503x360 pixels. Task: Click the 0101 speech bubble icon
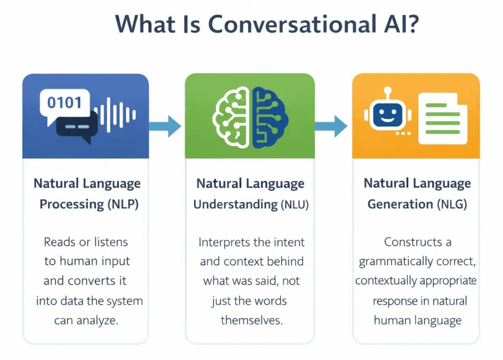[x=64, y=104]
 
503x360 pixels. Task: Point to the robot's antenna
[x=388, y=92]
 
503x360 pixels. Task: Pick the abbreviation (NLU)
[x=294, y=205]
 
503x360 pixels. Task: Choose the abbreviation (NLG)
[x=453, y=205]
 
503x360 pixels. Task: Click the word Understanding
[x=235, y=205]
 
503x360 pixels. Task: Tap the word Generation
[x=400, y=205]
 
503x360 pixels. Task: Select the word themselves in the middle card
[x=251, y=321]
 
